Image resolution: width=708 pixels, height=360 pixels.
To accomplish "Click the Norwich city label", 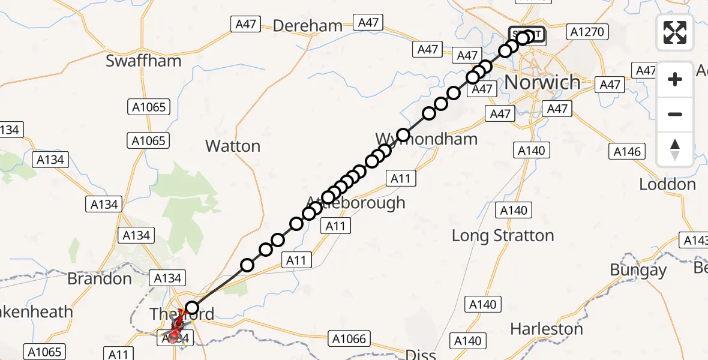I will pyautogui.click(x=543, y=82).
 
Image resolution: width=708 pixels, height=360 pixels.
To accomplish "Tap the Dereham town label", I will pyautogui.click(x=308, y=26).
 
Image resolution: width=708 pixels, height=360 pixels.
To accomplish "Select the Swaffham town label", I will pyautogui.click(x=136, y=61).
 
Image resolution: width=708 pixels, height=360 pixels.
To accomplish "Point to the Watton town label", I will pyautogui.click(x=233, y=146).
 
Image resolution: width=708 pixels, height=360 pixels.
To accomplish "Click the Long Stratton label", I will pyautogui.click(x=503, y=236).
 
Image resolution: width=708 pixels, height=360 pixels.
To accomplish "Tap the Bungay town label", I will pyautogui.click(x=638, y=270).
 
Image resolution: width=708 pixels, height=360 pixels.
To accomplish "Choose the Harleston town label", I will pyautogui.click(x=547, y=329).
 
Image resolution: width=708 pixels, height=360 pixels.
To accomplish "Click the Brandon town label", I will pyautogui.click(x=100, y=279).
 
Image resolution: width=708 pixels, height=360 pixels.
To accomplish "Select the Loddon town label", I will pyautogui.click(x=667, y=184).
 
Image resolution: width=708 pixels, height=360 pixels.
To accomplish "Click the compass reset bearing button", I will pyautogui.click(x=675, y=149).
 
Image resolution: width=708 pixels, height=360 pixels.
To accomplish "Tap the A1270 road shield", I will pyautogui.click(x=588, y=31).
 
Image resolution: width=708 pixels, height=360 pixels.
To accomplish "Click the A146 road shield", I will pyautogui.click(x=627, y=152).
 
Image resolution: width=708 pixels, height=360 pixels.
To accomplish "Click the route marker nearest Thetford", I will pyautogui.click(x=191, y=308).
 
